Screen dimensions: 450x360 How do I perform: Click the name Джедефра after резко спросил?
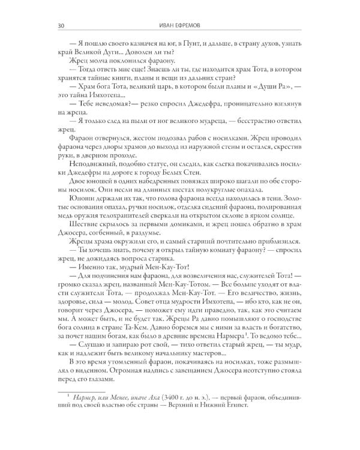[214, 104]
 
